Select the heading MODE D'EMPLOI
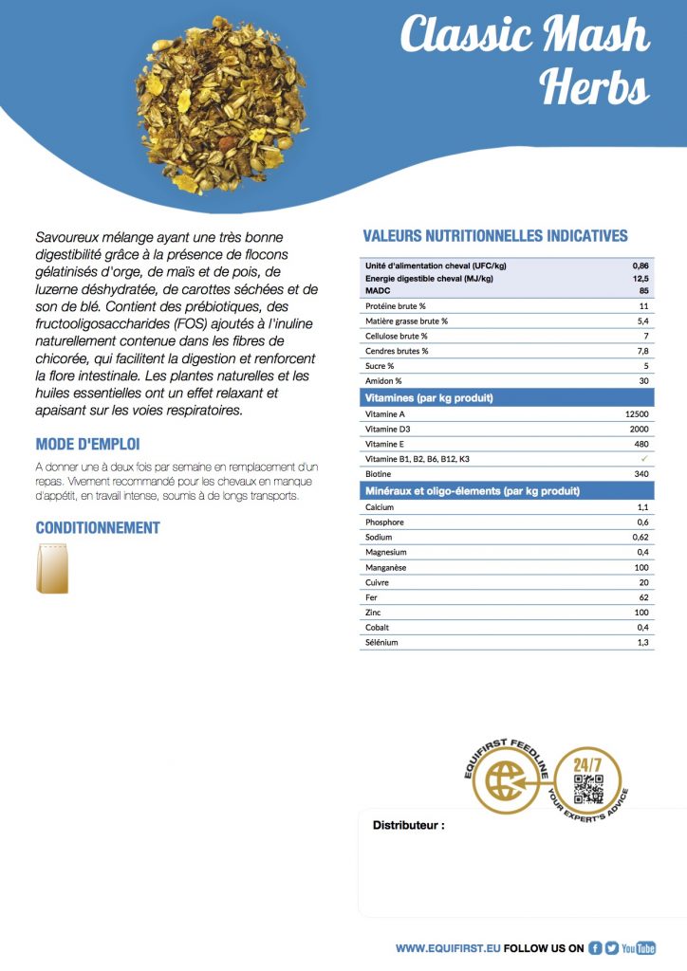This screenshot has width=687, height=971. pyautogui.click(x=87, y=444)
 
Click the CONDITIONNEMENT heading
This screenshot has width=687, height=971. pyautogui.click(x=98, y=527)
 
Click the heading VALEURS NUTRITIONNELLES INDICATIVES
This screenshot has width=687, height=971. pyautogui.click(x=495, y=236)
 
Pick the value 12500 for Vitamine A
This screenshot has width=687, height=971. pyautogui.click(x=637, y=413)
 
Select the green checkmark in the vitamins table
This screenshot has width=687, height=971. pyautogui.click(x=644, y=458)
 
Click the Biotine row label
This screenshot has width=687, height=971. pyautogui.click(x=380, y=474)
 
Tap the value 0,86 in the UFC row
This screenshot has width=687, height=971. pyautogui.click(x=641, y=266)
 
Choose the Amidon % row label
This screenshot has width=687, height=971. pyautogui.click(x=383, y=380)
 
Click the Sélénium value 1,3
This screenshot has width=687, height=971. pyautogui.click(x=642, y=643)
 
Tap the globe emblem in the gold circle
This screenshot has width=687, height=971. pyautogui.click(x=505, y=782)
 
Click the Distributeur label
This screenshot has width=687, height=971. pyautogui.click(x=408, y=826)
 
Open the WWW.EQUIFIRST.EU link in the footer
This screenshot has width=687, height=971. pyautogui.click(x=447, y=947)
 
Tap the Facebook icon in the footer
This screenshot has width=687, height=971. pyautogui.click(x=596, y=947)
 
